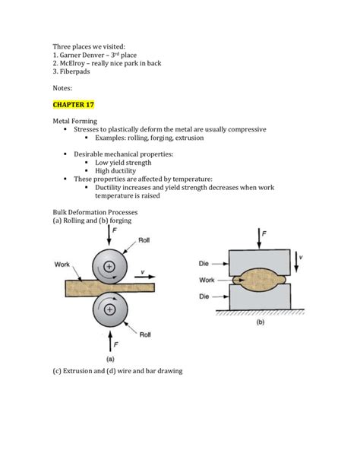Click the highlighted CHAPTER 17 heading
click(74, 105)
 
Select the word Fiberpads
click(75, 71)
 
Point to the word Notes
click(62, 88)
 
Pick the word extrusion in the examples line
click(190, 138)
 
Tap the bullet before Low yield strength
click(87, 163)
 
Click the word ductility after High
click(124, 171)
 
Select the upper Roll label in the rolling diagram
click(144, 240)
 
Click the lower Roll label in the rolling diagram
click(145, 334)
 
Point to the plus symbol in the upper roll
click(109, 266)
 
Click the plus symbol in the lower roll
click(109, 309)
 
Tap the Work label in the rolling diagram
click(62, 265)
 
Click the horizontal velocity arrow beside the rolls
click(144, 277)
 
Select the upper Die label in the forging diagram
click(204, 264)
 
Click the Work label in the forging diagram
click(207, 280)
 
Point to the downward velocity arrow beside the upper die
click(296, 262)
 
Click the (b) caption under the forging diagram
click(261, 322)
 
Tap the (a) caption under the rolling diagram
click(110, 359)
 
